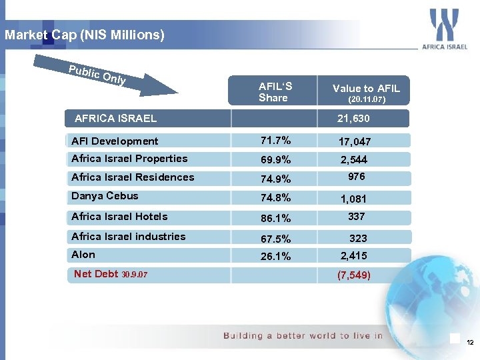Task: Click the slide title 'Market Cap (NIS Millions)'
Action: [84, 35]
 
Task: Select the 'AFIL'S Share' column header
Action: [275, 92]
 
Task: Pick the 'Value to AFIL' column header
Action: [366, 93]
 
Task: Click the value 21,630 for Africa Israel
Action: [353, 119]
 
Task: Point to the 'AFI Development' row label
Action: [115, 141]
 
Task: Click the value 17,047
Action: [354, 141]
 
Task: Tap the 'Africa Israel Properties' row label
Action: [129, 159]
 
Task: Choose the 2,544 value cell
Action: [353, 160]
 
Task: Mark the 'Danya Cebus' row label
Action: [105, 196]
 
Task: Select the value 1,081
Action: [353, 199]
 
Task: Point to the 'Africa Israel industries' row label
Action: [129, 237]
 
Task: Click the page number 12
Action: [470, 342]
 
